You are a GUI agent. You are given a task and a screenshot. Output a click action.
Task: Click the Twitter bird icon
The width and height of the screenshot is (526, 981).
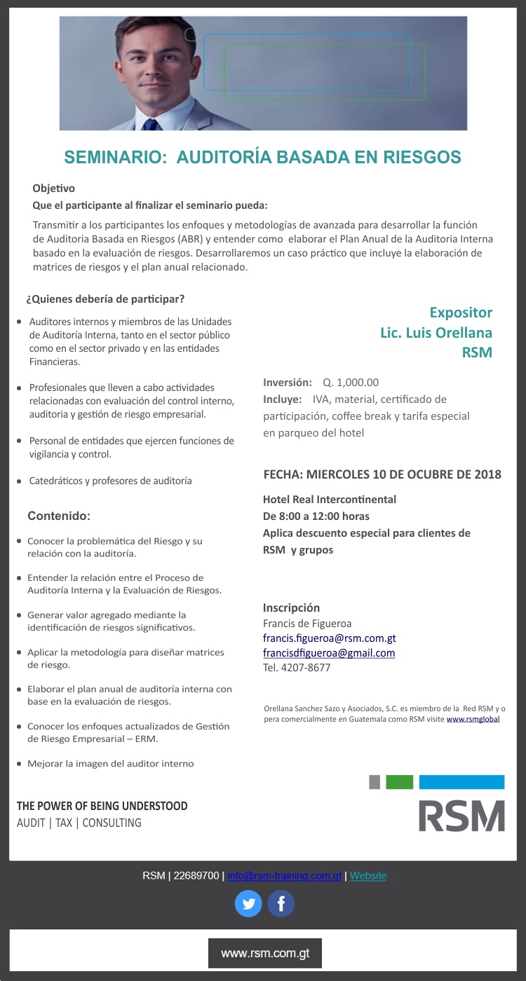pyautogui.click(x=248, y=904)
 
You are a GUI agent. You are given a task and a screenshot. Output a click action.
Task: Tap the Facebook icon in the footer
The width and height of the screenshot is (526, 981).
pyautogui.click(x=281, y=904)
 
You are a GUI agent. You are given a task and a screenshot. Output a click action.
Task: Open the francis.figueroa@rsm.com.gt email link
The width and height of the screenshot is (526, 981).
pyautogui.click(x=329, y=638)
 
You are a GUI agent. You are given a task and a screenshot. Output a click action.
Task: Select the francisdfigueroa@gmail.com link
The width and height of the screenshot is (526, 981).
pyautogui.click(x=328, y=653)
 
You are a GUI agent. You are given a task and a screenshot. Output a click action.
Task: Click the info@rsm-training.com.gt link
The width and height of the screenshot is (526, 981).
pyautogui.click(x=284, y=876)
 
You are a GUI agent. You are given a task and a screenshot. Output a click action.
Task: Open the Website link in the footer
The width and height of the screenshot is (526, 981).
pyautogui.click(x=368, y=876)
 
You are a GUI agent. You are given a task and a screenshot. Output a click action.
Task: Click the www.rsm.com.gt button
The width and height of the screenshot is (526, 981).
pyautogui.click(x=265, y=953)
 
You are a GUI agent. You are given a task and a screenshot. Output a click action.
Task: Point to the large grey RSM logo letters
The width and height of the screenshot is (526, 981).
pyautogui.click(x=461, y=816)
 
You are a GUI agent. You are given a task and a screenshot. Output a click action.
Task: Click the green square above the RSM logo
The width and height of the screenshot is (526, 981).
pyautogui.click(x=399, y=782)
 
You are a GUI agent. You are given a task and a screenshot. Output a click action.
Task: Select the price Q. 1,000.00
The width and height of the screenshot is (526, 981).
pyautogui.click(x=351, y=383)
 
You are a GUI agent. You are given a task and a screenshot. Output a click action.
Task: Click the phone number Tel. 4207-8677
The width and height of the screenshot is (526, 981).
pyautogui.click(x=296, y=668)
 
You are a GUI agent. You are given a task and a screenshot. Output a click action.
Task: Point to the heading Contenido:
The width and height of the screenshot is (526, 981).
pyautogui.click(x=59, y=516)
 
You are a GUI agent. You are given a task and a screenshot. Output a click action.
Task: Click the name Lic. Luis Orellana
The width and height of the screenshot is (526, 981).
pyautogui.click(x=436, y=332)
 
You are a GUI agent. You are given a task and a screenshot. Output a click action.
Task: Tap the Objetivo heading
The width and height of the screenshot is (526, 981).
pyautogui.click(x=53, y=188)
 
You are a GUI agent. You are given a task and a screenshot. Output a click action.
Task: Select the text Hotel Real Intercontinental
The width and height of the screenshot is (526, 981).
pyautogui.click(x=329, y=500)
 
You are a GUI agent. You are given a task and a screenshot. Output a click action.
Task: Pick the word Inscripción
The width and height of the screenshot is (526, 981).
pyautogui.click(x=291, y=608)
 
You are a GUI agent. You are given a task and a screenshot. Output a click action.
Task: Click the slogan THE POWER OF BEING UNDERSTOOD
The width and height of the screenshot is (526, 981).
pyautogui.click(x=102, y=806)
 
